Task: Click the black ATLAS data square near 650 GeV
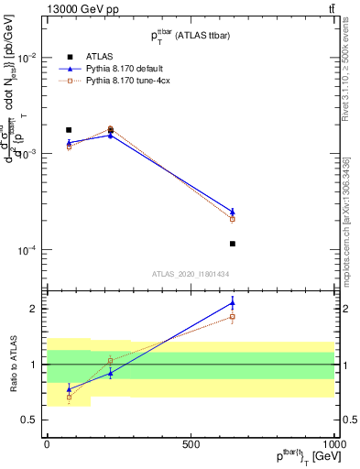coord(233,244)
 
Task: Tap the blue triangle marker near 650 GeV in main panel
coord(233,212)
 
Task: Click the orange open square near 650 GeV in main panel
coord(233,219)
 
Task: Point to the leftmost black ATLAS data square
coord(69,130)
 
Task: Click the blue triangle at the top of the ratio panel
coord(233,303)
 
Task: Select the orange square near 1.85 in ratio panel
coord(233,317)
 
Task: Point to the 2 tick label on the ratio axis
coord(32,309)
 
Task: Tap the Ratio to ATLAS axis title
coord(12,365)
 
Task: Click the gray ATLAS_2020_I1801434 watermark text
coord(191,274)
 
